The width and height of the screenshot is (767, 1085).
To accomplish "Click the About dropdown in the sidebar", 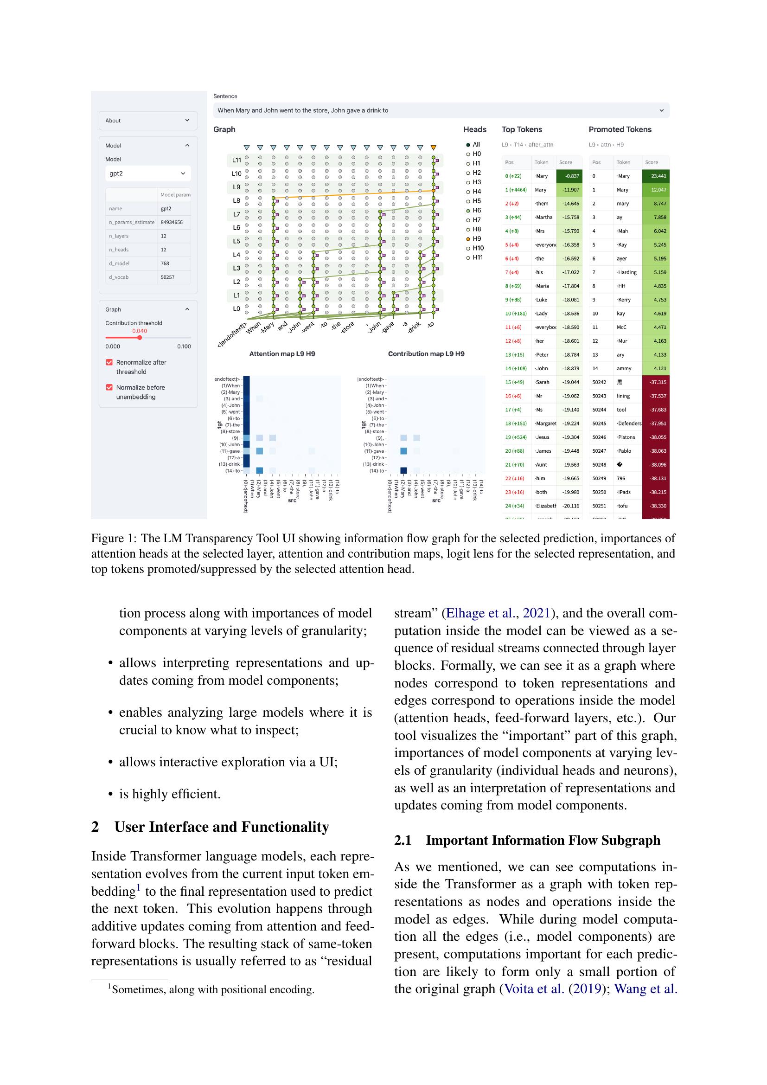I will point(148,121).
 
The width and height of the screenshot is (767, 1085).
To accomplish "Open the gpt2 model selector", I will point(148,173).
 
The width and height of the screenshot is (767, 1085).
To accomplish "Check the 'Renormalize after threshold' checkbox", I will point(109,362).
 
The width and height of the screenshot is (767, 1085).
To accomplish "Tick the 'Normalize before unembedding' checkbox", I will point(109,387).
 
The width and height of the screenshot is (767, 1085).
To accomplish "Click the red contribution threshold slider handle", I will point(140,337).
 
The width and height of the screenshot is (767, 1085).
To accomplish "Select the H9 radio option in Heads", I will point(468,238).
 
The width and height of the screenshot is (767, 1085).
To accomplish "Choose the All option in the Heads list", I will point(468,145).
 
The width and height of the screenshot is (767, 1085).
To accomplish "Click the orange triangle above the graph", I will point(434,148).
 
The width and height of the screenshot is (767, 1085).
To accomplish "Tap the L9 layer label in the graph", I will point(236,187).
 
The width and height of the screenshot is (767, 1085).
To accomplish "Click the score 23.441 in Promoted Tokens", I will point(658,176).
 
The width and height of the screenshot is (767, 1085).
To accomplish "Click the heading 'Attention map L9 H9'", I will point(282,354).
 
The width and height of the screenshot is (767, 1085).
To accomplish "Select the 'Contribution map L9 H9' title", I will point(426,354).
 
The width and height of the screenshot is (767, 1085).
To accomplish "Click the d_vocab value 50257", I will point(167,277).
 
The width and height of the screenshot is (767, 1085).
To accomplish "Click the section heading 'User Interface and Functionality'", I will point(222,827).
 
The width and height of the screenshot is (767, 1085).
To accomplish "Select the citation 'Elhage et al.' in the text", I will point(480,613).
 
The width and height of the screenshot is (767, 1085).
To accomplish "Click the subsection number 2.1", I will point(403,840).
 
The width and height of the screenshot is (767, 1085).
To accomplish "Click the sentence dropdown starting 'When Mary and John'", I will point(441,110).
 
